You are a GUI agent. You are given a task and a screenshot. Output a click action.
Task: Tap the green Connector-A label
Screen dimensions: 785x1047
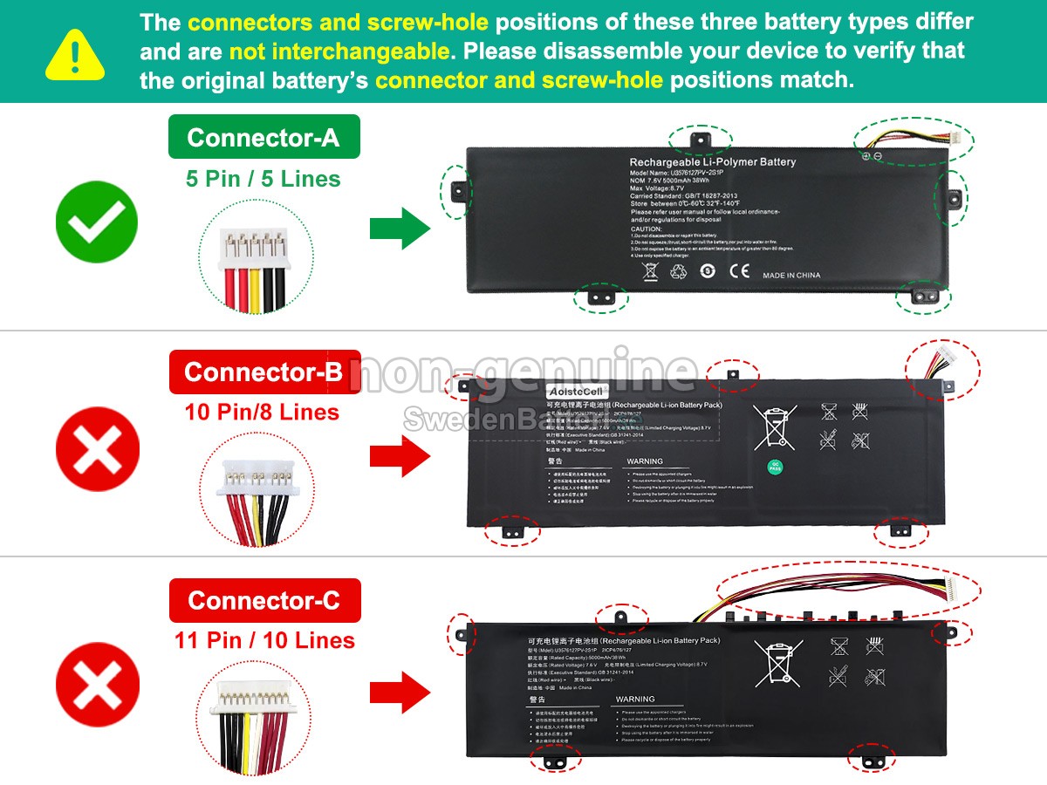point(263,137)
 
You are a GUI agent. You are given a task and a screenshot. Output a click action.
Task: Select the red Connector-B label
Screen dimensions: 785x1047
point(263,372)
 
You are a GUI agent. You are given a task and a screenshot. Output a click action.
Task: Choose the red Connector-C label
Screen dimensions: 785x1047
point(263,600)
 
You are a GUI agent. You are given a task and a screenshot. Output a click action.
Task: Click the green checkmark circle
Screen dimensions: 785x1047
point(97,222)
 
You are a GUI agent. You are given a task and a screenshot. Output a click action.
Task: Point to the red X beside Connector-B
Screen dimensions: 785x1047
point(97,452)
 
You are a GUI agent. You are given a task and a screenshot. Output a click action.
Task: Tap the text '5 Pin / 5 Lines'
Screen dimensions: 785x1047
point(263,179)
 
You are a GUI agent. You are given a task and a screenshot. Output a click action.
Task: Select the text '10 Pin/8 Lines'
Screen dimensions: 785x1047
point(262,412)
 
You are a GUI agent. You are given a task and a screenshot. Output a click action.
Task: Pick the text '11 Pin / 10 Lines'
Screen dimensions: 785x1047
point(264,640)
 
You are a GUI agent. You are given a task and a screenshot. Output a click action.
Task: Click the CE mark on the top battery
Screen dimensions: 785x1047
point(739,271)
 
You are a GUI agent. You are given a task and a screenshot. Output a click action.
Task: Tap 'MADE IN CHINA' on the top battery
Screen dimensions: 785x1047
point(791,276)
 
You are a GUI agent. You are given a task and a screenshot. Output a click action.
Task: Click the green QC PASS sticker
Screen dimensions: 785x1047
point(774,467)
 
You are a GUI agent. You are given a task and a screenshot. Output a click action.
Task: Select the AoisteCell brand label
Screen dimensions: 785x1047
point(577,392)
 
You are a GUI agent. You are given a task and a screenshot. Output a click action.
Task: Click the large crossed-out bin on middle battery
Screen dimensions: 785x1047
point(773,427)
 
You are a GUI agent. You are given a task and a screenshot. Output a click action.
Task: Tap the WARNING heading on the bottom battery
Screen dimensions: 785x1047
point(634,699)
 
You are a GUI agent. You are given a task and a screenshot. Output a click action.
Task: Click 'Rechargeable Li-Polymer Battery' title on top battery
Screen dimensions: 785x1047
point(712,162)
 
